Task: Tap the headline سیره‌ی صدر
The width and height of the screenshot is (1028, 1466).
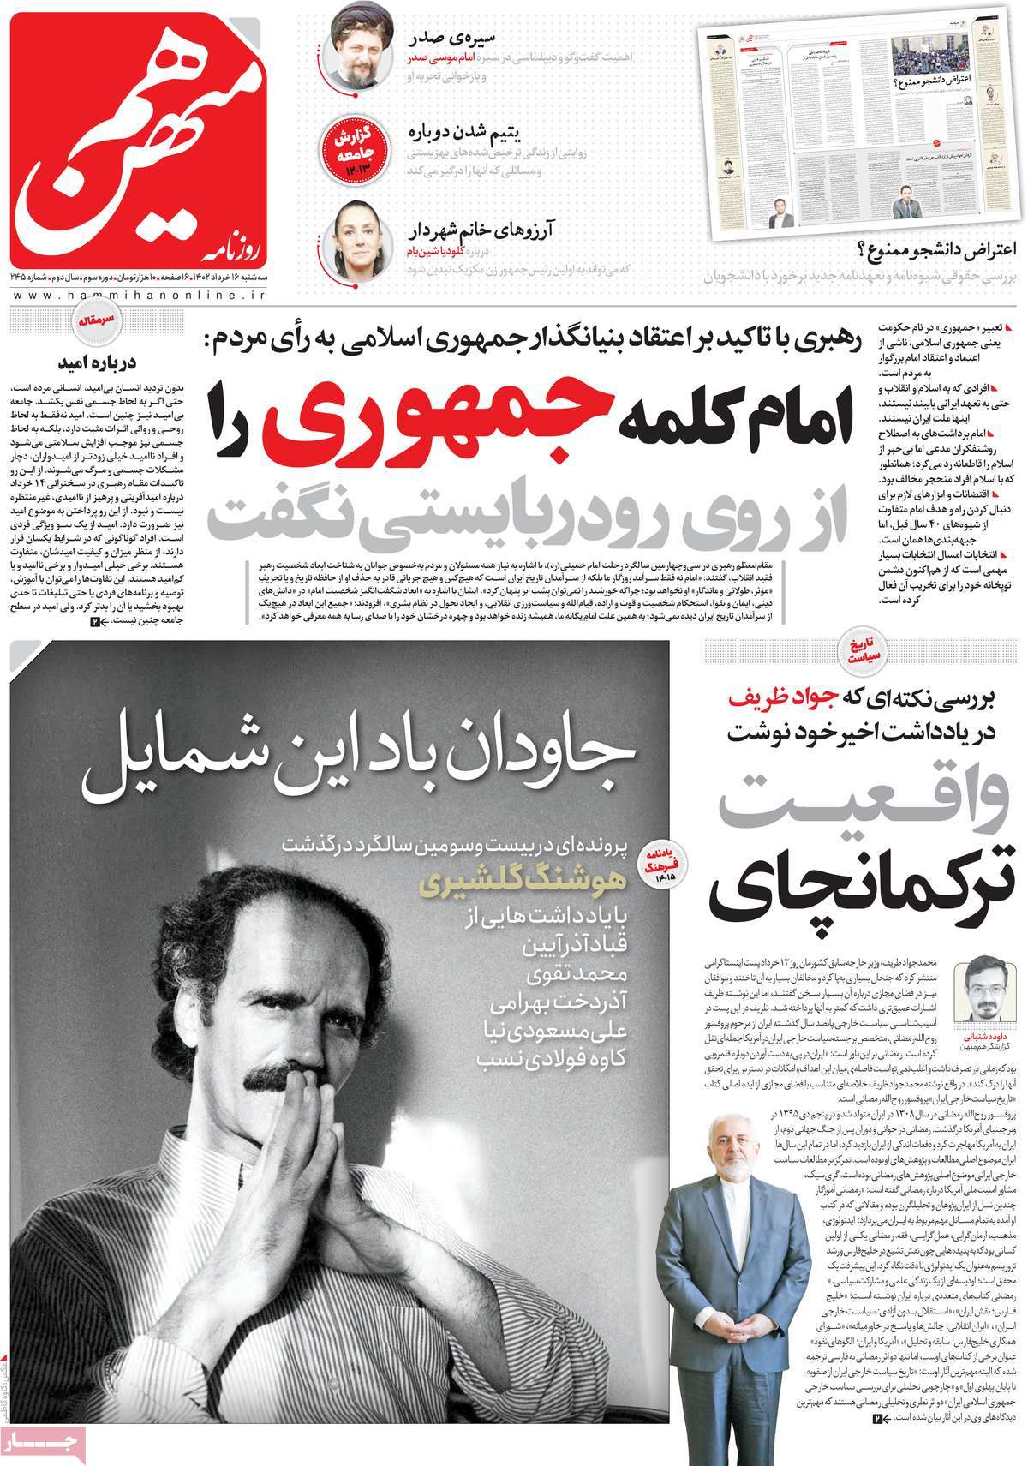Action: coord(513,38)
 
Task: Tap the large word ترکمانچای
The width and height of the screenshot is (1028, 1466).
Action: coord(865,889)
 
